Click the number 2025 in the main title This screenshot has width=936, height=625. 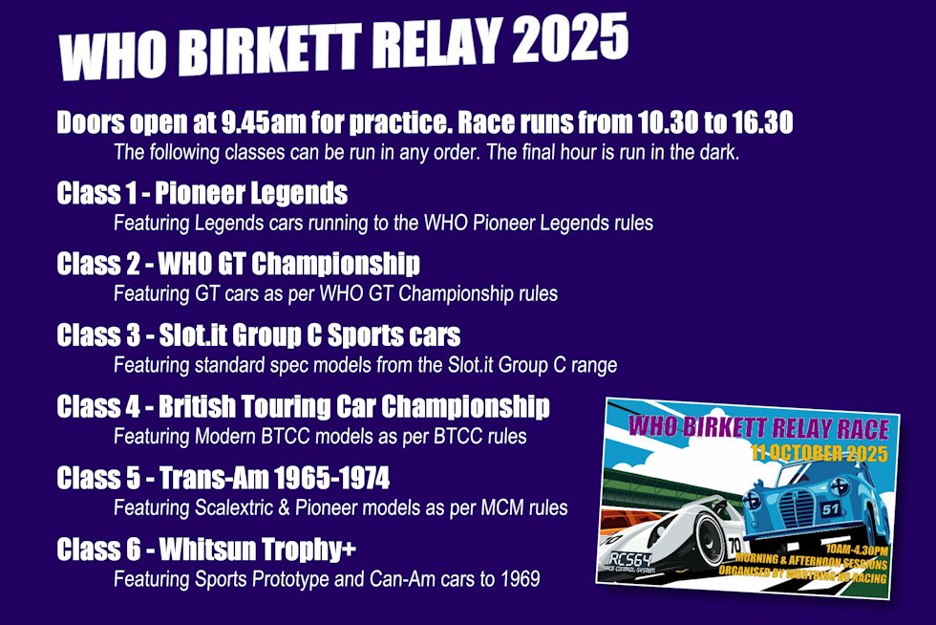[570, 39]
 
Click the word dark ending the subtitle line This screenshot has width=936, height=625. [719, 152]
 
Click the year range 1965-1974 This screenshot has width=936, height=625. [332, 478]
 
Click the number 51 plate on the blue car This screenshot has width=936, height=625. [830, 509]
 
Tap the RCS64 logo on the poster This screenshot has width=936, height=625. [629, 560]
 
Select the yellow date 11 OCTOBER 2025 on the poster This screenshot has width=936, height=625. [819, 452]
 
